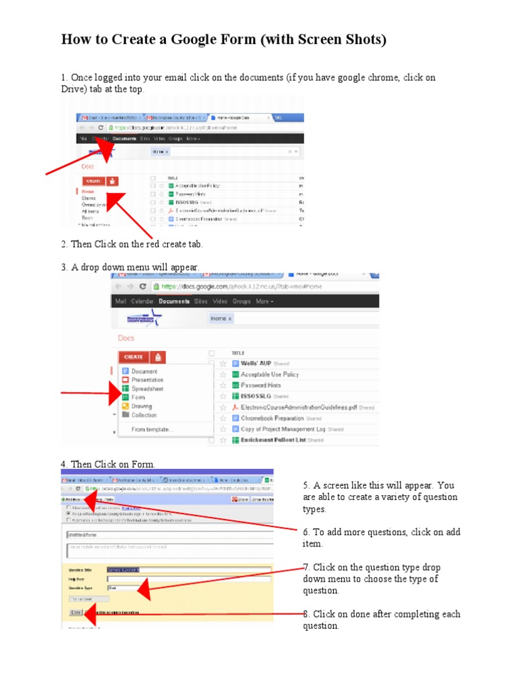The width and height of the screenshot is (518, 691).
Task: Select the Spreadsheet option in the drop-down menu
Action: pos(147,389)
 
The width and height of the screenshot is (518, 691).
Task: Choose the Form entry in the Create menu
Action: pos(138,398)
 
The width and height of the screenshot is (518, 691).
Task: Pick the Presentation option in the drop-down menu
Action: pos(147,381)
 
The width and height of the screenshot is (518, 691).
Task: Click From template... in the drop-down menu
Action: pos(152,429)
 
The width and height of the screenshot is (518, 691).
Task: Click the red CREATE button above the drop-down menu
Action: pos(134,357)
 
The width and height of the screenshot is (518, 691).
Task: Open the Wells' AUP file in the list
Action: pos(256,363)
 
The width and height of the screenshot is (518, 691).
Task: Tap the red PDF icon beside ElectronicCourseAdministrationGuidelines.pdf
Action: pos(235,408)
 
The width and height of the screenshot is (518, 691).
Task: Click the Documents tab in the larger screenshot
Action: pos(174,302)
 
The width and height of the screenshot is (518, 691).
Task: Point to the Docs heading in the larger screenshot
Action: pos(126,338)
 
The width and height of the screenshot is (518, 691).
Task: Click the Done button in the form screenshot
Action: pos(75,612)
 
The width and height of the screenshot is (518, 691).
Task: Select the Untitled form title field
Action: pos(169,534)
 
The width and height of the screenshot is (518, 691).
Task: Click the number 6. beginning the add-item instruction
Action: pos(308,532)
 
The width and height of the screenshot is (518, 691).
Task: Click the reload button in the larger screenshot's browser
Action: pos(144,286)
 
